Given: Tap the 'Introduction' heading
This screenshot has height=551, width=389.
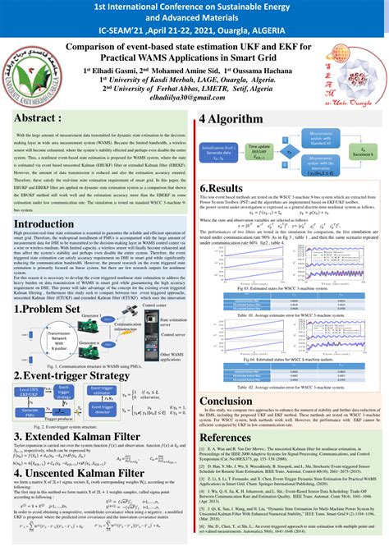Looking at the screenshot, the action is tap(43, 224).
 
